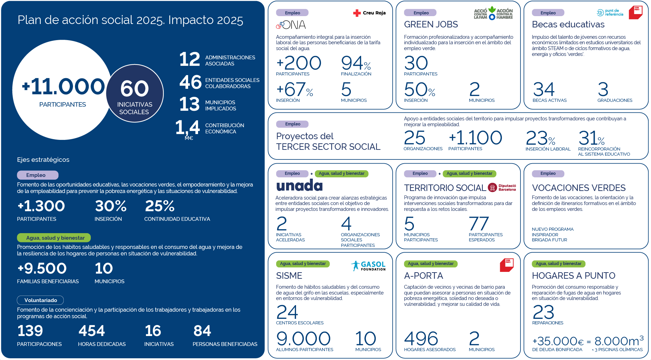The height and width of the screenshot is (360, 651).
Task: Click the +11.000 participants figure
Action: point(63,86)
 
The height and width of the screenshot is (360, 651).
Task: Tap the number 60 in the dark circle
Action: point(135,88)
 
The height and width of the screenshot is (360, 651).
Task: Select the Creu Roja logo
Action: point(369,13)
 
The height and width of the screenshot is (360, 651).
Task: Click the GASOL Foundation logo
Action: point(368,266)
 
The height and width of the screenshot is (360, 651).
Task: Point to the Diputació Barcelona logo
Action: point(502,188)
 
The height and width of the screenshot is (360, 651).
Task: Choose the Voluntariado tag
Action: point(40,300)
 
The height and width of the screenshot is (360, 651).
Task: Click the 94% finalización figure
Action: point(356,63)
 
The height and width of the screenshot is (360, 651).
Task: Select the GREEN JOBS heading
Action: point(431,24)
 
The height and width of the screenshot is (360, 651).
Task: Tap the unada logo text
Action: point(299,185)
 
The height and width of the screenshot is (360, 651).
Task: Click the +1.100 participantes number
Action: point(475,138)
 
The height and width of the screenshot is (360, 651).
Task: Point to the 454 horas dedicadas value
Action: point(91,331)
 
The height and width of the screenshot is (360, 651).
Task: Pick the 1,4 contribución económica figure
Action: point(187,128)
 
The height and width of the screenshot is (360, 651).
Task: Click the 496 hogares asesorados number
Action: point(421,339)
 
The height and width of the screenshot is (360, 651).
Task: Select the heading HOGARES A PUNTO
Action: point(574,276)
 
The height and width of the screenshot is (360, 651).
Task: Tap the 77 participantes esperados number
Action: point(479,224)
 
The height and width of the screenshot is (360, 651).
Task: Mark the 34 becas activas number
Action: point(544,89)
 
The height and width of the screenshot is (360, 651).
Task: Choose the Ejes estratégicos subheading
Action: point(43,160)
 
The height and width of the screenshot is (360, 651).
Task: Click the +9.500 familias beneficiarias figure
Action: point(42,268)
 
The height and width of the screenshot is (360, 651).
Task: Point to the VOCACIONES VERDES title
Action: point(579,188)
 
